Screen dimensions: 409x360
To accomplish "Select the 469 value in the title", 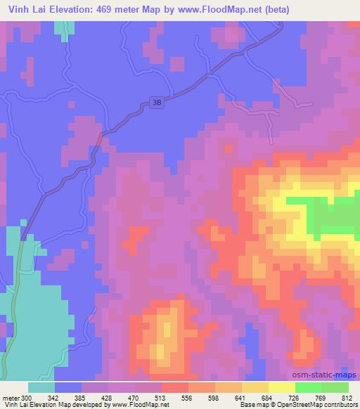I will pos(114,10).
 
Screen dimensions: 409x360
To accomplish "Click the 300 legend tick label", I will pos(27,397).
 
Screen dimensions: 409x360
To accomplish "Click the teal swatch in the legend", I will pos(41,387).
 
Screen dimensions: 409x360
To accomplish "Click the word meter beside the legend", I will pos(10,397).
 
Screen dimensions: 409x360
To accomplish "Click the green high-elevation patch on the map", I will pos(335,217).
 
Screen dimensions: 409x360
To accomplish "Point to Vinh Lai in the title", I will pos(25,10).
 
